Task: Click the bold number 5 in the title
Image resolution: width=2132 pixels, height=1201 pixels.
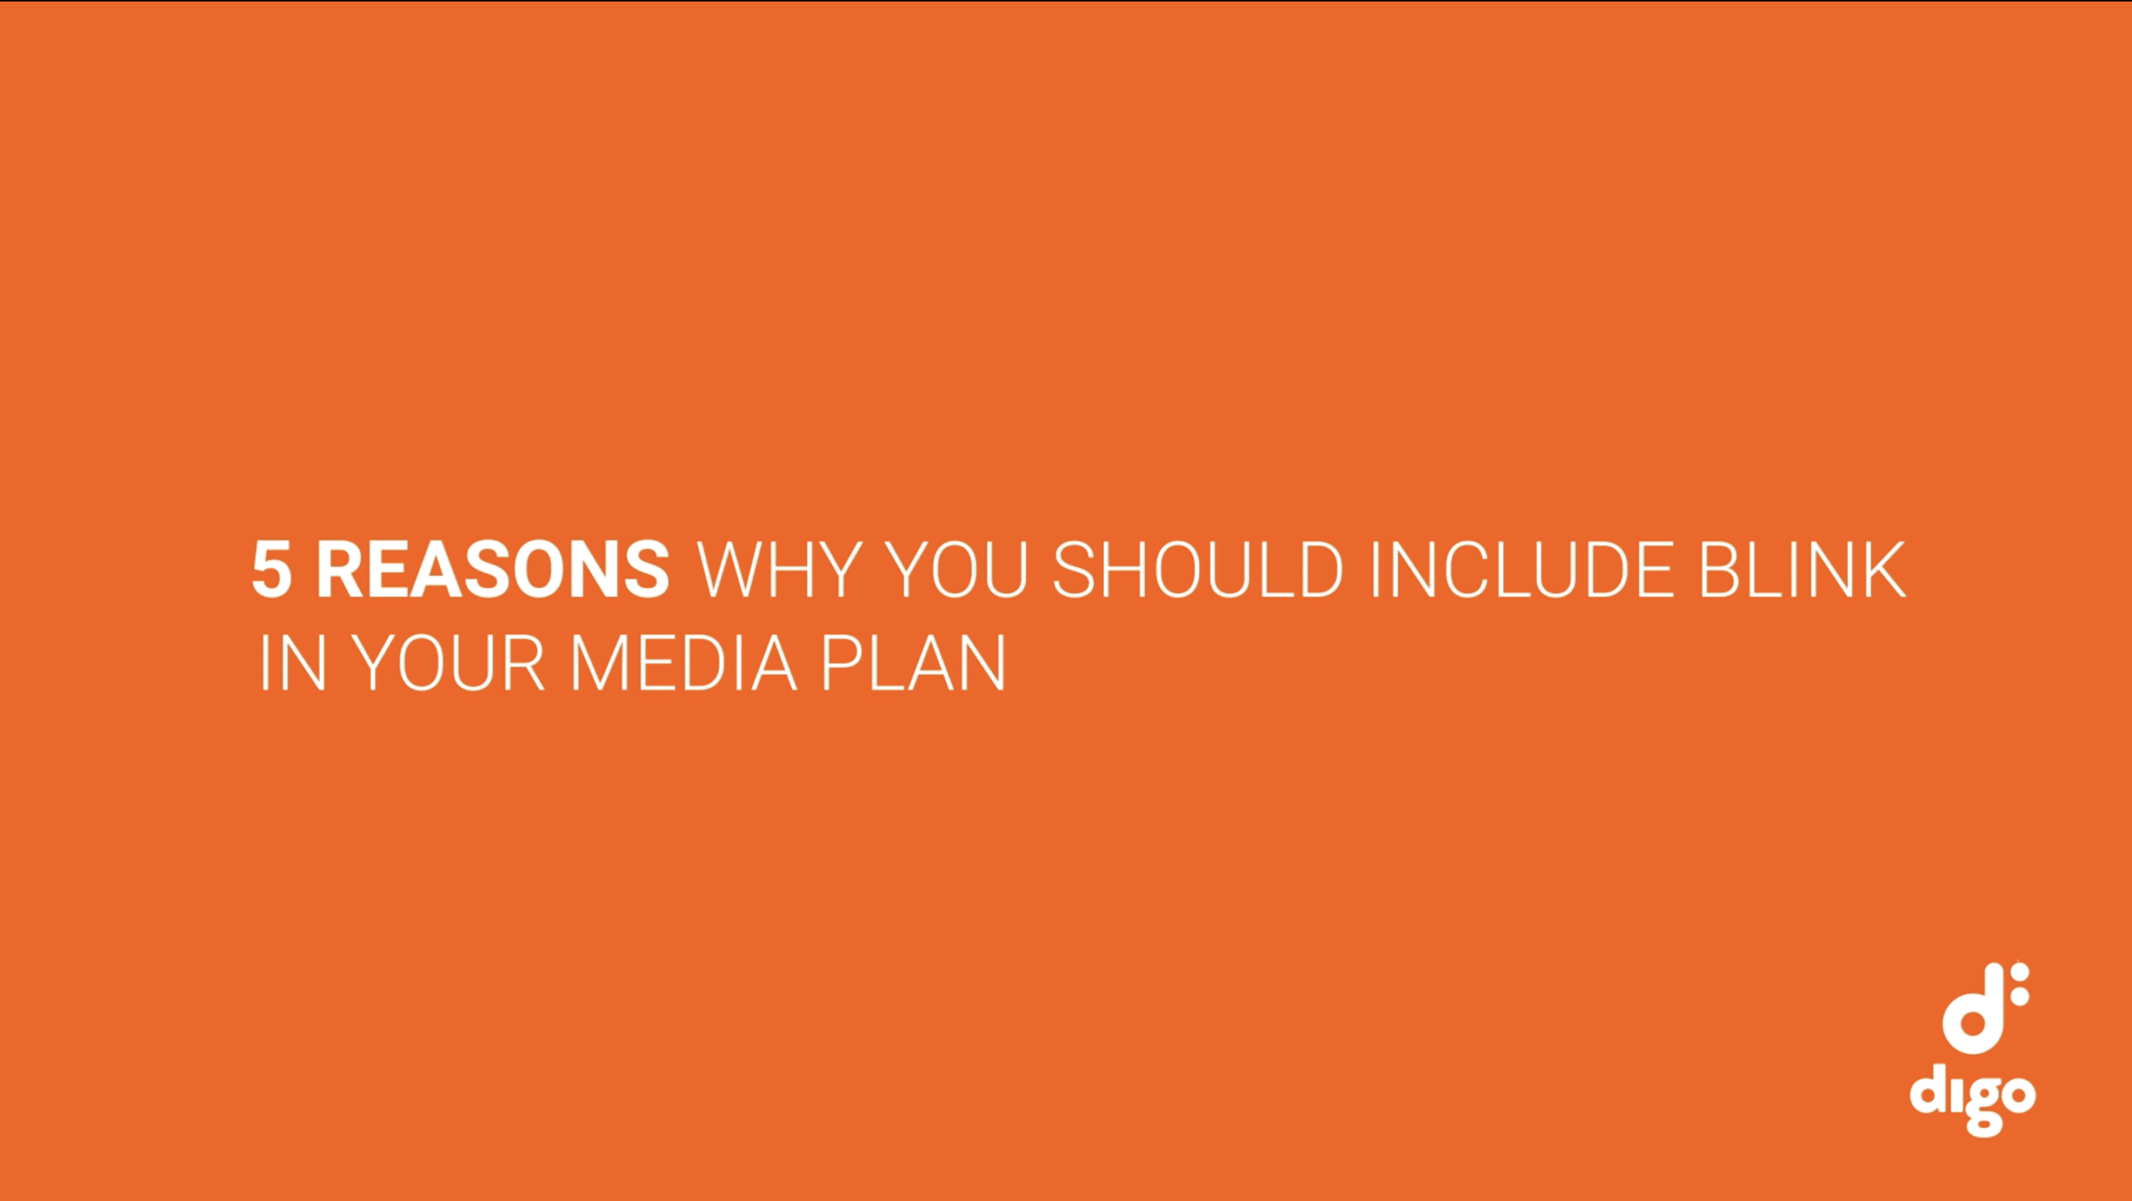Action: click(x=271, y=571)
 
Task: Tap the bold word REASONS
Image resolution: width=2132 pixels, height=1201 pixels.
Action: click(x=493, y=571)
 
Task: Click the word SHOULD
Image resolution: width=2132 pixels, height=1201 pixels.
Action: click(x=1198, y=571)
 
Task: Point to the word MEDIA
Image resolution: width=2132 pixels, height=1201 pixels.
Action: click(x=684, y=664)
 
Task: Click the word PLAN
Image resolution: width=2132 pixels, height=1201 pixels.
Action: click(x=914, y=664)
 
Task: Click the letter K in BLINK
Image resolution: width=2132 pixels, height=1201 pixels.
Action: click(x=1885, y=571)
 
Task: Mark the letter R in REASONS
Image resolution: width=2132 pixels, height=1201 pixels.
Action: click(x=338, y=571)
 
